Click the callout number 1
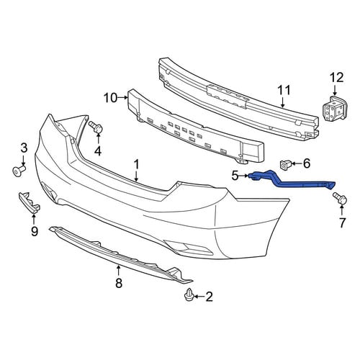pos(136,165)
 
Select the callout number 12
pos(336,78)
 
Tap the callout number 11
pos(284,90)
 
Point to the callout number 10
pos(110,98)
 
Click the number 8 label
pos(119,283)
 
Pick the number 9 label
pos(35,231)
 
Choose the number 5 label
pos(235,176)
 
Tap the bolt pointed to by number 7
pos(340,199)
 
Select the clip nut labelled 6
pos(285,165)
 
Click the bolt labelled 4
pos(96,127)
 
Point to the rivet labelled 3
pos(19,170)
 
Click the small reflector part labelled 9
pos(30,202)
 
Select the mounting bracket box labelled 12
pos(335,109)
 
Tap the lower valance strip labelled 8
pos(120,253)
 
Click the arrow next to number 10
pos(122,97)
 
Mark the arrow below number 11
pos(283,102)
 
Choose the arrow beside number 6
pos(297,163)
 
